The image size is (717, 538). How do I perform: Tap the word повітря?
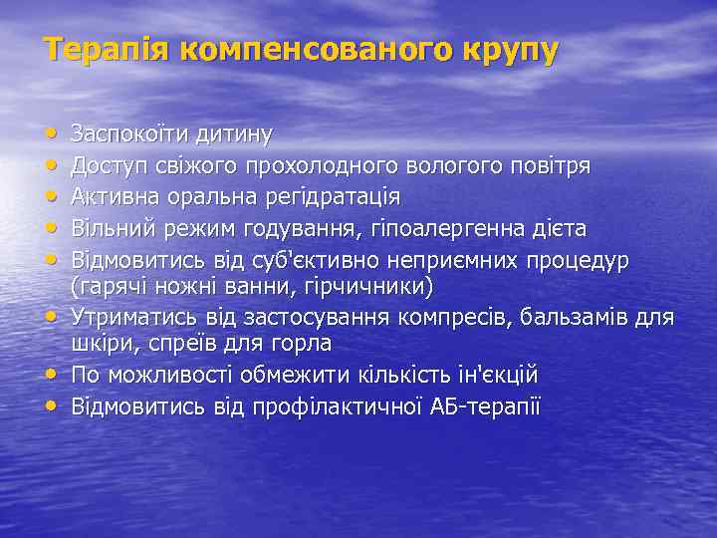pyautogui.click(x=549, y=164)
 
